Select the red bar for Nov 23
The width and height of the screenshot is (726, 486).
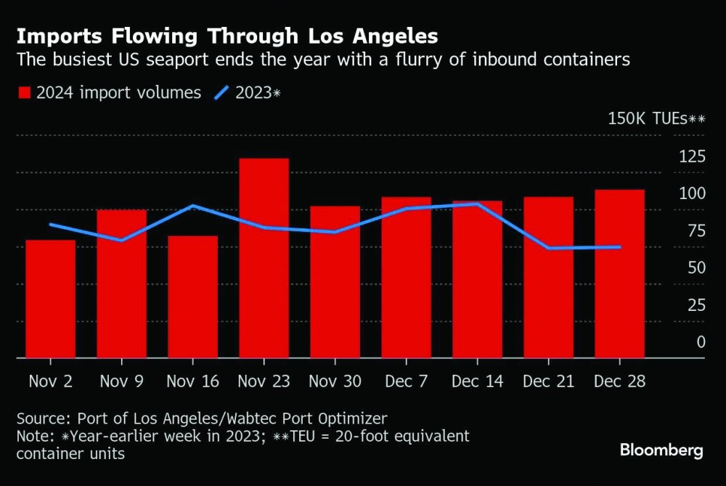[264, 258]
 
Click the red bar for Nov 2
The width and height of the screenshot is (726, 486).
[51, 299]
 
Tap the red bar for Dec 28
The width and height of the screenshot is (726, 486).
[620, 273]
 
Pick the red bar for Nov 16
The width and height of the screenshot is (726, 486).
[193, 296]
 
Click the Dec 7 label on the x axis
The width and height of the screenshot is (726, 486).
[407, 381]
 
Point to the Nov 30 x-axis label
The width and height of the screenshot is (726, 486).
[335, 381]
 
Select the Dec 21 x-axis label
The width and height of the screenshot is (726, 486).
[549, 381]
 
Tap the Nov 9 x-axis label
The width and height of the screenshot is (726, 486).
[122, 381]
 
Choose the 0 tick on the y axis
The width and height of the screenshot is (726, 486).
[701, 341]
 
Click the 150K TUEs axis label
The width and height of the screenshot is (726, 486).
[656, 119]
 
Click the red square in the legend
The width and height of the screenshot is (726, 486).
[24, 93]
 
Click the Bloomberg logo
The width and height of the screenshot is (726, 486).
[661, 450]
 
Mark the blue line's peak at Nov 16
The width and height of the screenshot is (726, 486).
[193, 206]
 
